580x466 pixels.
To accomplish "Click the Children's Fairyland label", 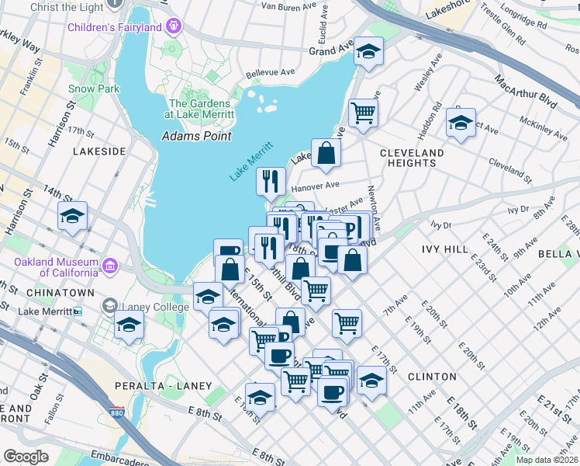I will point(125,28).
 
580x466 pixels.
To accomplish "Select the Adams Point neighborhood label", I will point(196,136).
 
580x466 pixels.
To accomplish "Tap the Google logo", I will point(26,457).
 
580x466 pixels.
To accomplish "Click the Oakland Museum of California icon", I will point(110,266).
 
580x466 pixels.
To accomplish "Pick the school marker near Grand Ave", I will point(369,52).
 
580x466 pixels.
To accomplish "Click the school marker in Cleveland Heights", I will point(461,123).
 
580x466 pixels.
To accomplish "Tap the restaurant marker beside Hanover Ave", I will point(270,182).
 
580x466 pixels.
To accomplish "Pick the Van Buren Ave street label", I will point(289,5).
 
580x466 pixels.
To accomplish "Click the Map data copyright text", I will point(552,458).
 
